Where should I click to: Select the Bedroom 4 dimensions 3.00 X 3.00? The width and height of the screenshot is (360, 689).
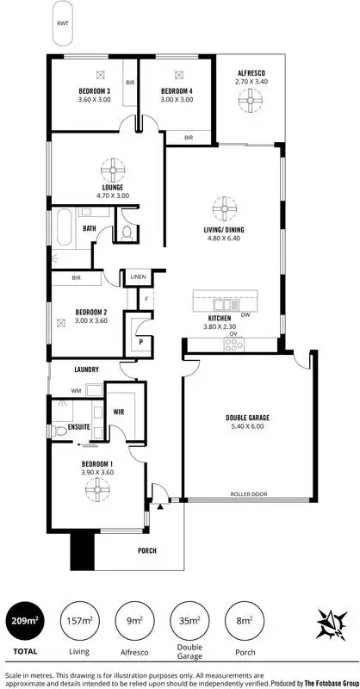point(175,100)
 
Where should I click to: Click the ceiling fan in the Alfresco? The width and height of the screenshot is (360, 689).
point(251,102)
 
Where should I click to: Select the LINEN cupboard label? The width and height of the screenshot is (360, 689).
point(138,277)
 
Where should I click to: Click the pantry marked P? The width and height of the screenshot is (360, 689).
point(140,341)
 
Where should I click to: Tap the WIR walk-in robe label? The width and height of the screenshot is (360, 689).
point(119,412)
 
